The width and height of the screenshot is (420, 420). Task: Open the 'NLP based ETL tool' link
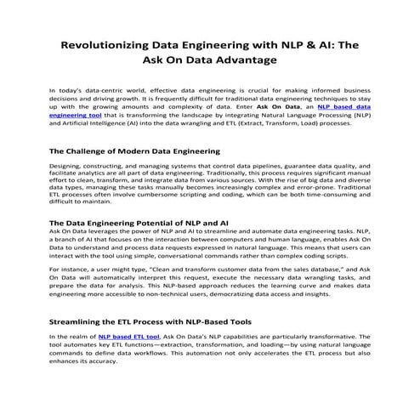[128, 337]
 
